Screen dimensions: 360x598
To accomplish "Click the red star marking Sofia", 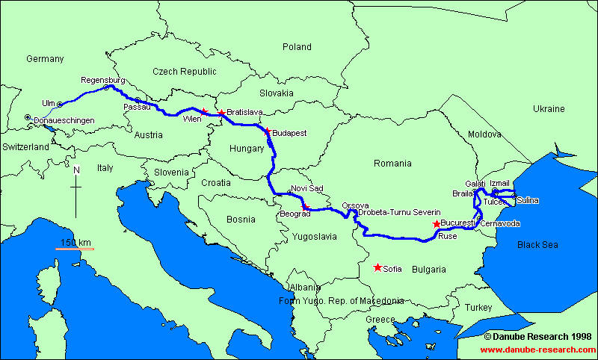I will [377, 267].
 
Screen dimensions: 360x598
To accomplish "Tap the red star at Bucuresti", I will [437, 223].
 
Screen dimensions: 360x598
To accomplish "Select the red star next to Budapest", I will [267, 132].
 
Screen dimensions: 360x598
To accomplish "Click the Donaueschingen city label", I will [65, 120].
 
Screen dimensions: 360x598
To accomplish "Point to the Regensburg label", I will [102, 80].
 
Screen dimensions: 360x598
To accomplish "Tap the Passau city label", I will [136, 107].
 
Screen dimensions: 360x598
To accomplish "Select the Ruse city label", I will [447, 235].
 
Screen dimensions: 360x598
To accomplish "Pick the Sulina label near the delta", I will [527, 200].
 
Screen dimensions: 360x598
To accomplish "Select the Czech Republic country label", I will [184, 72].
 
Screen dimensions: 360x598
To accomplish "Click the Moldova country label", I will [484, 134].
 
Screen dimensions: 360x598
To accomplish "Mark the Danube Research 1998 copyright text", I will [537, 337].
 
